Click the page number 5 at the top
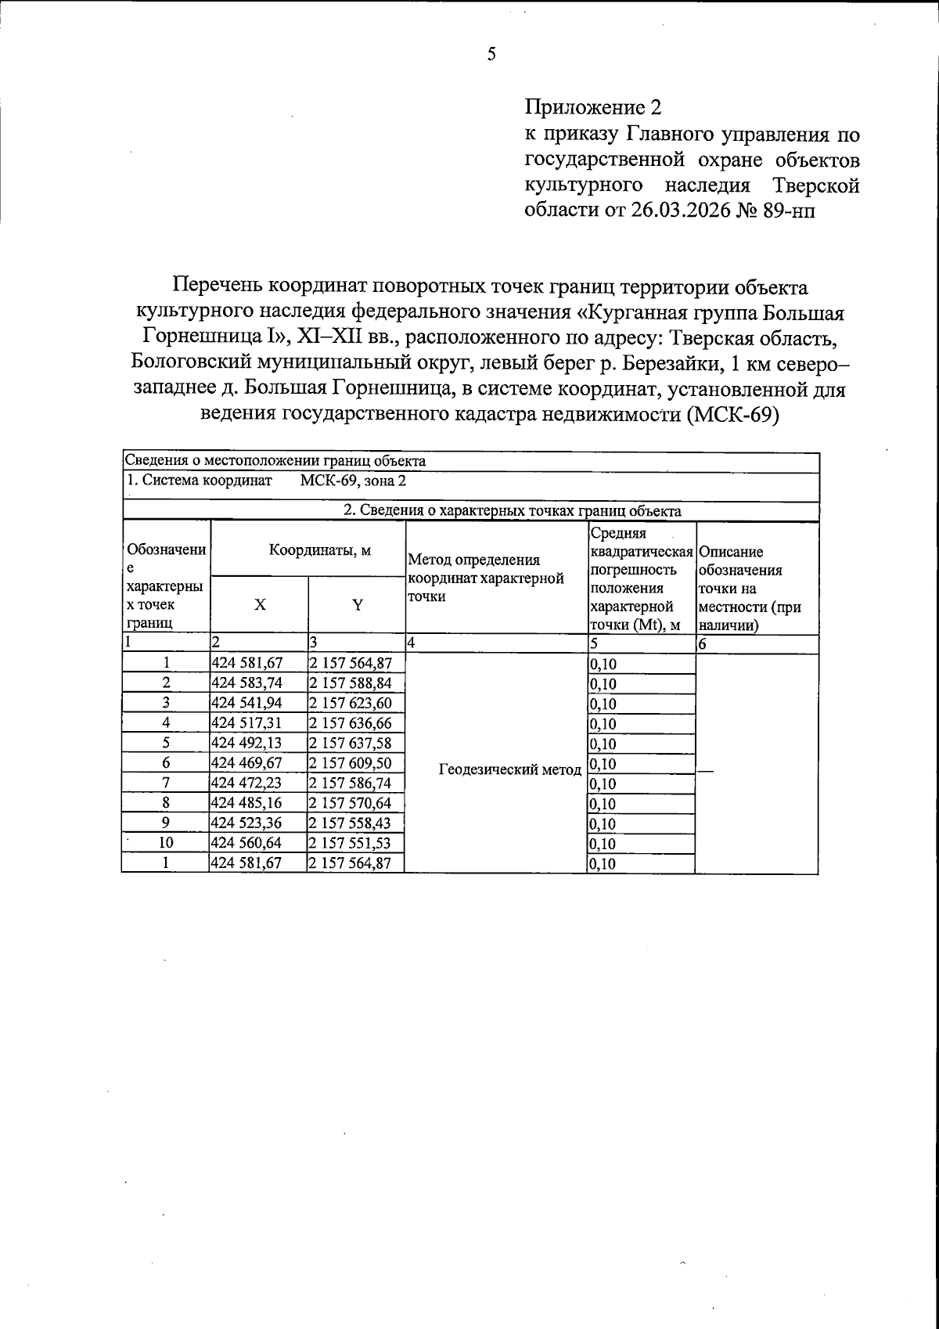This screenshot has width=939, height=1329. (491, 54)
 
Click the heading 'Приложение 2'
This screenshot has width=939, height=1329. (593, 107)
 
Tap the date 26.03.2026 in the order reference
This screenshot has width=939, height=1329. (679, 211)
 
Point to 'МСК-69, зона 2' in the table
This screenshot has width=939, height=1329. (353, 481)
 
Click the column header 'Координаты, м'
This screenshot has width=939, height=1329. (308, 549)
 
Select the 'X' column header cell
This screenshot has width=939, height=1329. (260, 605)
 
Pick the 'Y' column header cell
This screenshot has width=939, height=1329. (357, 605)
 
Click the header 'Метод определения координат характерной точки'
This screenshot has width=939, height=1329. (486, 578)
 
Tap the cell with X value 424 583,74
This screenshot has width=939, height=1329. (247, 683)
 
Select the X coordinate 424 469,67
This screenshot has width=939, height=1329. (247, 762)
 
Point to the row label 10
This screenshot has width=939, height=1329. (166, 843)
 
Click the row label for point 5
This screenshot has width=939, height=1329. (166, 743)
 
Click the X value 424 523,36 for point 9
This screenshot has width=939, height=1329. (247, 823)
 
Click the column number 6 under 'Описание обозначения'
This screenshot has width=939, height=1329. (702, 644)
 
